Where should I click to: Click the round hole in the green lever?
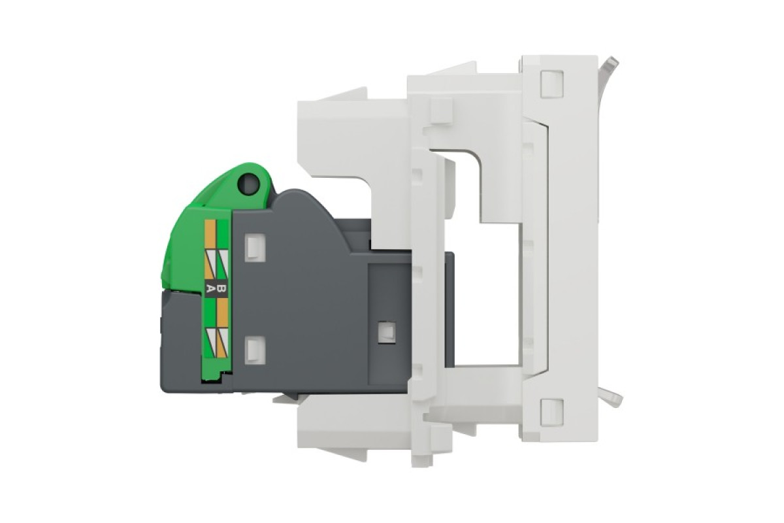[248, 184]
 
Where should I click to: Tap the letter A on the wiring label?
[210, 289]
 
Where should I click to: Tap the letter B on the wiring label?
[222, 289]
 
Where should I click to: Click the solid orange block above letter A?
[210, 235]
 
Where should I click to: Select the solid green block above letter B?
[222, 235]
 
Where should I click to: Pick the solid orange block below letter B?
[222, 313]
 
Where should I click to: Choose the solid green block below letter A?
[210, 313]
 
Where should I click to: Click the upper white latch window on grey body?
[255, 248]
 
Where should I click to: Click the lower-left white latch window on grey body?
[255, 350]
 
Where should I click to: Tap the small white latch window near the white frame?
[387, 331]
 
